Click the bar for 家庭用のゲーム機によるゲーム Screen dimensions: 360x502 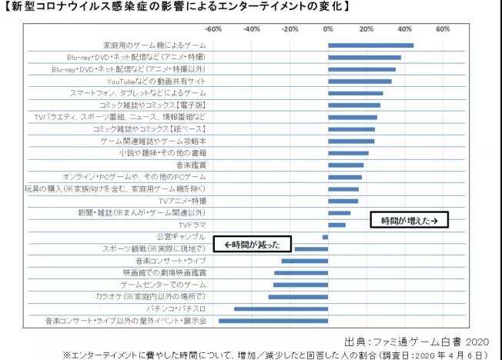coord(370,45)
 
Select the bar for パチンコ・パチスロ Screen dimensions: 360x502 coord(280,308)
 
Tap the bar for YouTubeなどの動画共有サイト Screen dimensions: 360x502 coord(360,81)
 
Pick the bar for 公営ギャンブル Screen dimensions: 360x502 coord(325,236)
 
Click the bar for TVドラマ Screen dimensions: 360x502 coord(336,225)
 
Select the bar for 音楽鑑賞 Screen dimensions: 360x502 coord(346,165)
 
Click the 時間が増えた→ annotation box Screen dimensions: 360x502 coord(410,221)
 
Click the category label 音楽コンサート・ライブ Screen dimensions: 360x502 coord(173,260)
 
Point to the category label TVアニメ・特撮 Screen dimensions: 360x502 coord(181,201)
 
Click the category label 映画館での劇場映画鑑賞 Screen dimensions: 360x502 coord(165,272)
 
